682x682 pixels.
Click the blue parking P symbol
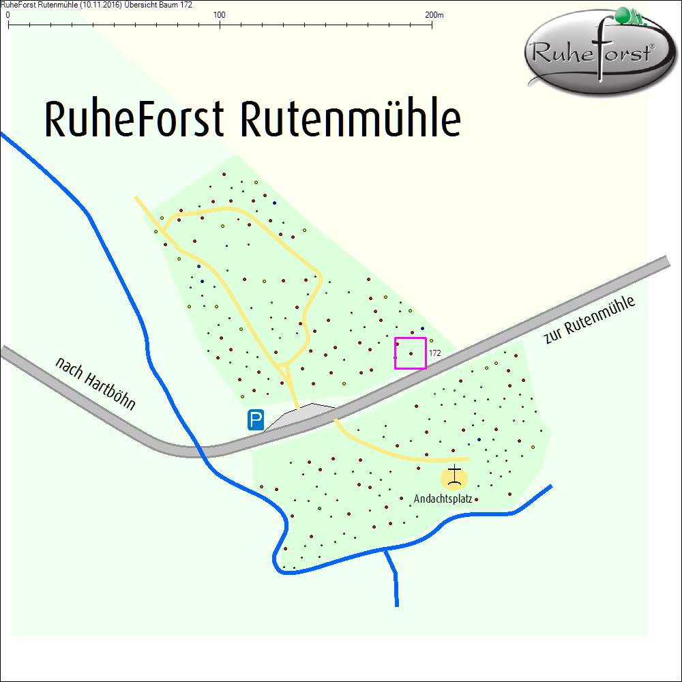tap(256, 419)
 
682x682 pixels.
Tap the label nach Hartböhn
tap(95, 384)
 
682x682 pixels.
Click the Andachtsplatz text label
tap(443, 499)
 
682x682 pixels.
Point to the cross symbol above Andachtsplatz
tap(455, 475)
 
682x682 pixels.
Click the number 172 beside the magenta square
tap(435, 353)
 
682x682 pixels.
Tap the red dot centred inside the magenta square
tap(411, 353)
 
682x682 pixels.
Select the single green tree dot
tap(319, 509)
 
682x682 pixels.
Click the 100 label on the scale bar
tap(220, 14)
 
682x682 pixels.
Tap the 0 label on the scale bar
tap(8, 14)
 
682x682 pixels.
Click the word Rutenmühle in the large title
tap(351, 119)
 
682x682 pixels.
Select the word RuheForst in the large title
tap(134, 119)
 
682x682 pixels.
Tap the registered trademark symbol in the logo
tap(651, 46)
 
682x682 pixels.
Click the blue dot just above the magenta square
tap(423, 329)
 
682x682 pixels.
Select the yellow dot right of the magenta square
tap(431, 340)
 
